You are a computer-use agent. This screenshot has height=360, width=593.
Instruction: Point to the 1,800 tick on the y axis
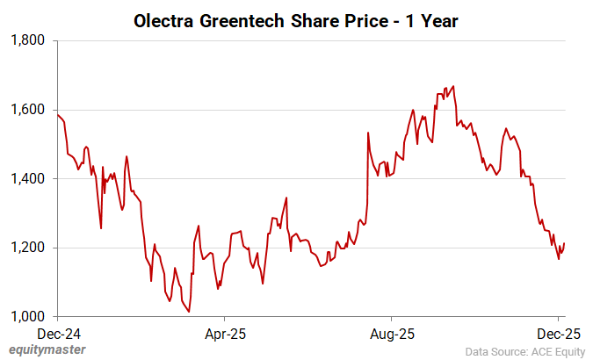[x=30, y=40]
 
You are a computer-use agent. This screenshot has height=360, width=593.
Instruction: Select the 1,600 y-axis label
[x=30, y=110]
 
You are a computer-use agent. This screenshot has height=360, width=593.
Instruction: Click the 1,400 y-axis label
[x=30, y=178]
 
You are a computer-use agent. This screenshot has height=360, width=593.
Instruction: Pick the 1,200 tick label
[x=30, y=248]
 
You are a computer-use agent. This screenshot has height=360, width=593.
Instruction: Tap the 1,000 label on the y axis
[x=30, y=316]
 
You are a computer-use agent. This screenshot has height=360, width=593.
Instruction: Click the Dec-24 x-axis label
[x=57, y=334]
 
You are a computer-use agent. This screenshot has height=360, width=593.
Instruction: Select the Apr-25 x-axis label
[x=224, y=334]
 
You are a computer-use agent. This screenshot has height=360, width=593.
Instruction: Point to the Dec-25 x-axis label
[x=558, y=334]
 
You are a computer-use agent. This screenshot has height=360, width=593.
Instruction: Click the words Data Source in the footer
[x=495, y=350]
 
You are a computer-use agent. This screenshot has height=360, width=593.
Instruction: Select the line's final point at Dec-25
[x=564, y=244]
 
